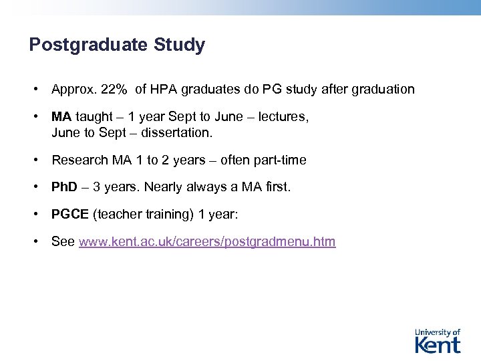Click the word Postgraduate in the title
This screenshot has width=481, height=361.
[90, 45]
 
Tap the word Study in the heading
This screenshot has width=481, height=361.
[180, 45]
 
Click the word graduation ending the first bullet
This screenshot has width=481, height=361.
[383, 89]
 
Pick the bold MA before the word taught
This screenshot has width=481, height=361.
[61, 117]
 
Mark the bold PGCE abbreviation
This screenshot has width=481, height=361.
[70, 215]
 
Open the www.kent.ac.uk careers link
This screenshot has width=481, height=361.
[207, 242]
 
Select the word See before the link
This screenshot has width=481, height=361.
[63, 242]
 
